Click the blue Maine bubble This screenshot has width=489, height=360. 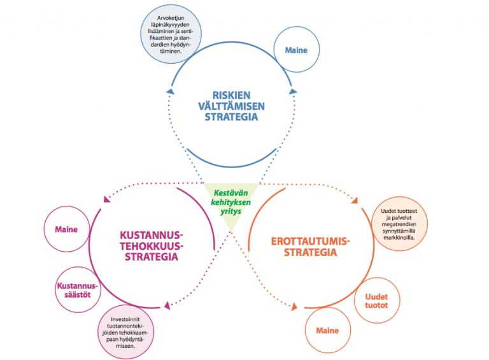(295, 50)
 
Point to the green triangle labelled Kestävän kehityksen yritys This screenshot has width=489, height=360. (231, 199)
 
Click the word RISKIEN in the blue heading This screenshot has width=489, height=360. (230, 94)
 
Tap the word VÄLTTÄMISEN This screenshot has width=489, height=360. (230, 105)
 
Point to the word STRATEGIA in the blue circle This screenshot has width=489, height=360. (230, 117)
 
